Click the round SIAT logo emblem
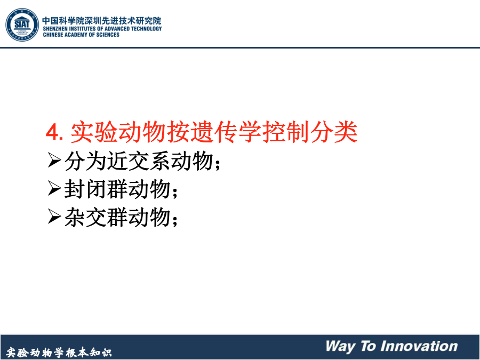coord(22,25)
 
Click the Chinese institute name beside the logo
coord(102,20)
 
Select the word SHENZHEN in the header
coord(56,29)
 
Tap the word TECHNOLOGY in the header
coord(146,29)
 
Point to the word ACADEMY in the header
coord(76,35)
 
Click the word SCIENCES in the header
coord(108,35)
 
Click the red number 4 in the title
coord(52,133)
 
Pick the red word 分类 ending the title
coord(334,132)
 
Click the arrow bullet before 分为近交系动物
coord(54,160)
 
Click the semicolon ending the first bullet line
coord(218,164)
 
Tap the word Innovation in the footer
coord(419,346)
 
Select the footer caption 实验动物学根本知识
coord(59,353)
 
